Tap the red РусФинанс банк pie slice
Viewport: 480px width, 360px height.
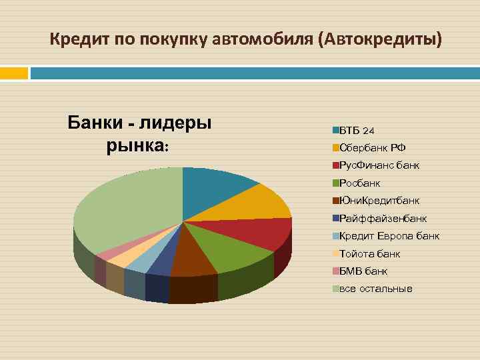coord(260,232)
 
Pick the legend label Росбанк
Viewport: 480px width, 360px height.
coord(360,183)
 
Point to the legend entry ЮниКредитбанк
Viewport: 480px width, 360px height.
coord(379,200)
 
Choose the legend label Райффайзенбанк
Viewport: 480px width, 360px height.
coord(383,218)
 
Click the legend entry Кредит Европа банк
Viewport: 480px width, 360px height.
coord(389,235)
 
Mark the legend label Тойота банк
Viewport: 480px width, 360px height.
coord(369,253)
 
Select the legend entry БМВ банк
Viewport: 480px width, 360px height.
coord(363,271)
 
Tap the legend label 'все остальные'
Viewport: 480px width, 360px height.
coord(376,289)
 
